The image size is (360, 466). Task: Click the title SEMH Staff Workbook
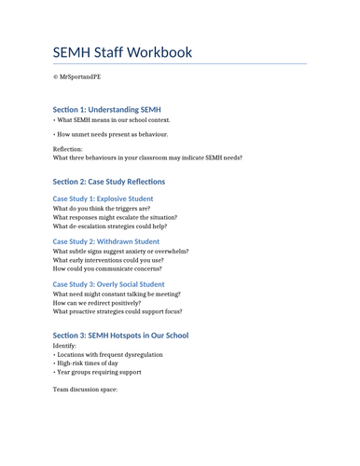click(122, 52)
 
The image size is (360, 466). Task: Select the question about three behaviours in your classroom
click(147, 158)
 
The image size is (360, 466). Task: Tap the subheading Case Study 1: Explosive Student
click(103, 199)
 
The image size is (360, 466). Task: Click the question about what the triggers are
click(102, 209)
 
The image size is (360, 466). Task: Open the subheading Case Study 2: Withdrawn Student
click(105, 241)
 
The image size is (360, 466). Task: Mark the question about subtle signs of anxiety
click(120, 252)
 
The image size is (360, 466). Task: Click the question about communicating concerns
click(108, 268)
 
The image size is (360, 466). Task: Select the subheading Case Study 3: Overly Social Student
click(108, 284)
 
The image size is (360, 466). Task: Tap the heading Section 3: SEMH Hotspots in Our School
click(120, 336)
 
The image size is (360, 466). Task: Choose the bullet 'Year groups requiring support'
click(98, 372)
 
